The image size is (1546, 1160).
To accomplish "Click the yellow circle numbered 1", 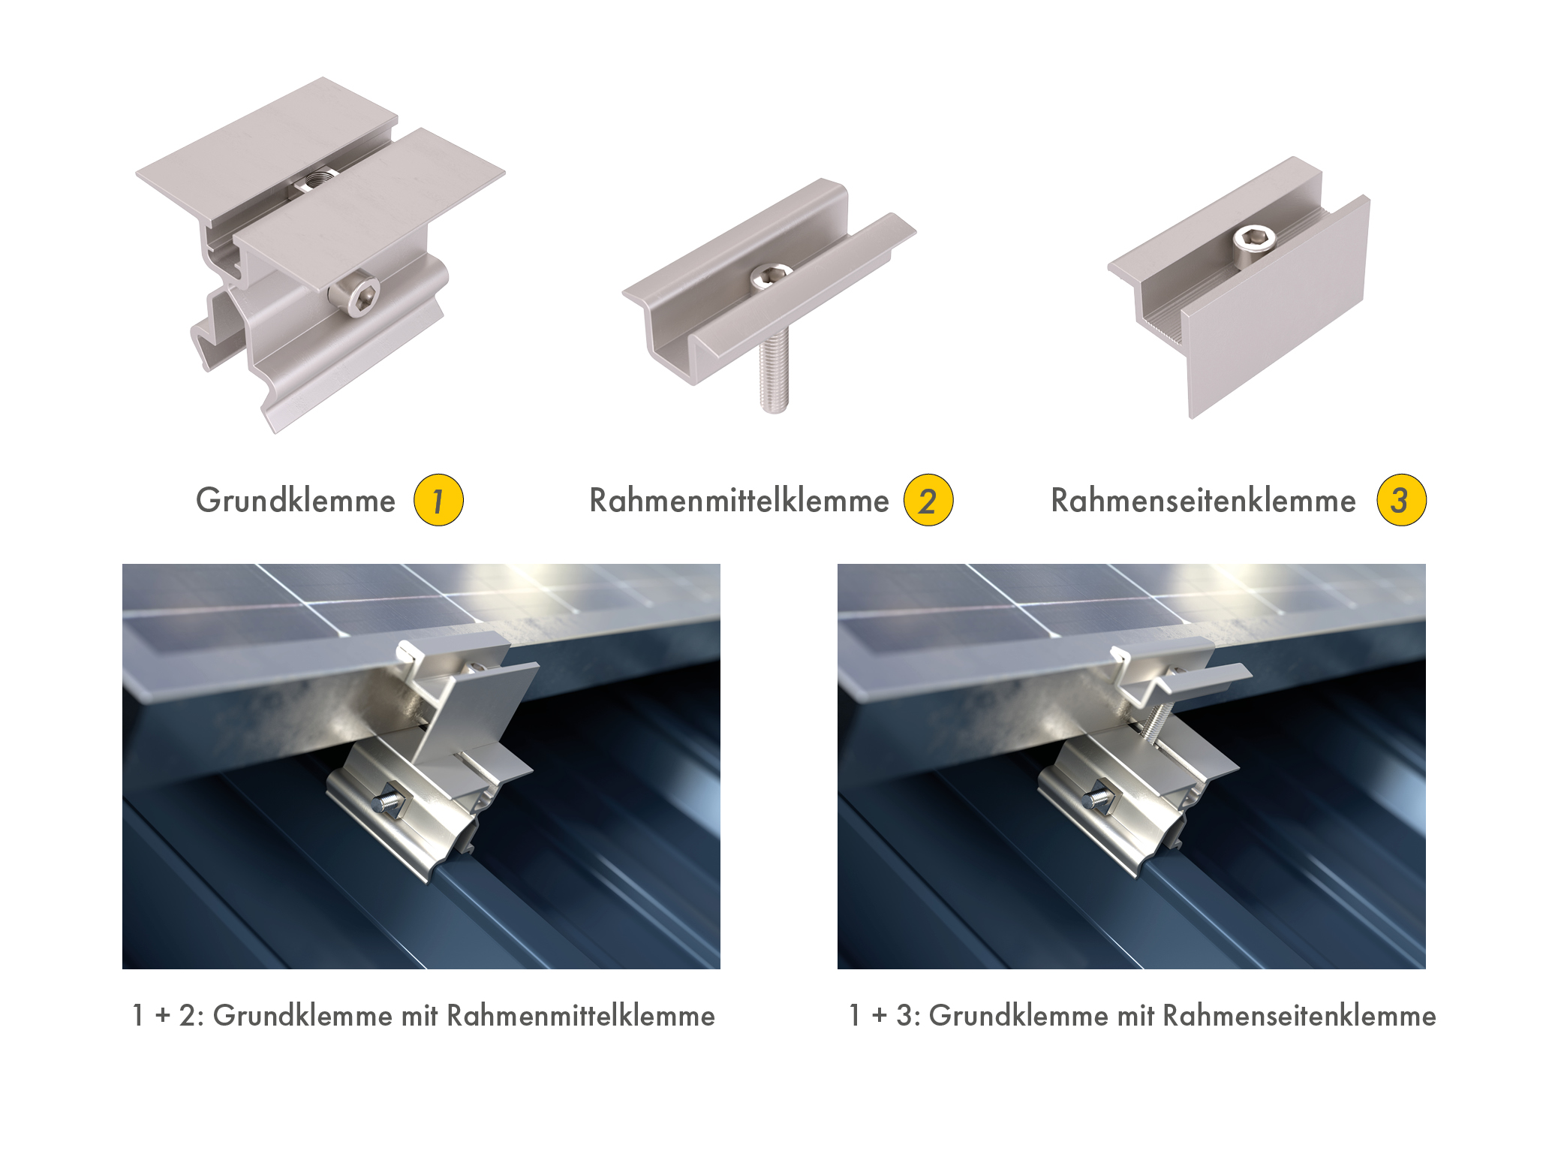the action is tap(438, 500).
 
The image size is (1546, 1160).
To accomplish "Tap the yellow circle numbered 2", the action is tap(928, 500).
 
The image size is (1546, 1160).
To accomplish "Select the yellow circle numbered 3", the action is tap(1401, 500).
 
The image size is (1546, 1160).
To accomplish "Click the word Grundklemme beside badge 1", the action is tap(296, 501).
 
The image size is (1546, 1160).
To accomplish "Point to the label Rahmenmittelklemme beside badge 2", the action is tap(739, 501).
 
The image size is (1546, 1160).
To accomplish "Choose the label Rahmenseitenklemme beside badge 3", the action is tap(1203, 501).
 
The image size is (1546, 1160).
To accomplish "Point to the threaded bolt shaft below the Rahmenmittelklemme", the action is tap(774, 372).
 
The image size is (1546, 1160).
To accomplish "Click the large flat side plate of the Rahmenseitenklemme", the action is tap(1276, 308).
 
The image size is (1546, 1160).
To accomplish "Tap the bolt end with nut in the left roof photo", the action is tap(390, 800).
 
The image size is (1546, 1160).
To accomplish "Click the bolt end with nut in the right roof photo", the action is tap(1099, 797).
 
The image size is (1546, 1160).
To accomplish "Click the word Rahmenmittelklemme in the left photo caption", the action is tap(581, 1016).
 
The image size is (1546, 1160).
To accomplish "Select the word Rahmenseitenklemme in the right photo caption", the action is tap(1300, 1016).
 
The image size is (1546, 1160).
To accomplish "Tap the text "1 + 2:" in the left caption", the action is tap(168, 1016).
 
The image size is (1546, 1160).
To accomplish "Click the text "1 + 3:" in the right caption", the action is tap(885, 1016).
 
